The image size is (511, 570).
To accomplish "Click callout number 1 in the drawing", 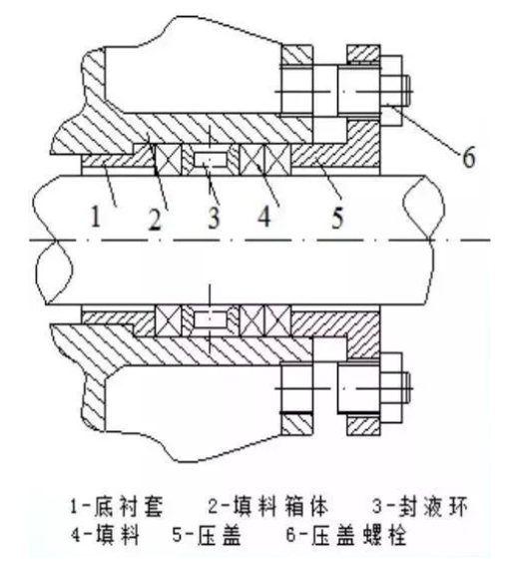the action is point(96,217).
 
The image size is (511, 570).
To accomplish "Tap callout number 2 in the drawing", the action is point(155,220).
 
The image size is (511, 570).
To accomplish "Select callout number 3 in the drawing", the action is point(214,218).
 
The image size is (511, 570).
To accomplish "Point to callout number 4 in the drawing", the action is point(264,218).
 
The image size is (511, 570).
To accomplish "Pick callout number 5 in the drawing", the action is point(337,218).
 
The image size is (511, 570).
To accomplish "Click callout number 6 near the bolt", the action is point(468,158).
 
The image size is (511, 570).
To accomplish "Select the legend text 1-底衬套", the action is point(117,506).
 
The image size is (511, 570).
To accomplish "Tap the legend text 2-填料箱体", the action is point(267,506).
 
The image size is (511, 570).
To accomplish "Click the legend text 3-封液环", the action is point(420,506).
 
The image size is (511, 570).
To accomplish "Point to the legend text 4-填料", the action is point(106,535).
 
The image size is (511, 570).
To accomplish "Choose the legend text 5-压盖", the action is point(207,535).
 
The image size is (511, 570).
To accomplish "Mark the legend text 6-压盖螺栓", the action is point(345,535).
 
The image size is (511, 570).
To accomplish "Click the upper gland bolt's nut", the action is point(391,91).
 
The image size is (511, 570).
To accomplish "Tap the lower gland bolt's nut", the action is point(391,388).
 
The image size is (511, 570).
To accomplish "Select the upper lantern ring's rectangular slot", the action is point(211,160).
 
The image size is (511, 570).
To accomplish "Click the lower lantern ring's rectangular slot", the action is point(211,319).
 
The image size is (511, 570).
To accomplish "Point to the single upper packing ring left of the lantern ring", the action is point(168,160).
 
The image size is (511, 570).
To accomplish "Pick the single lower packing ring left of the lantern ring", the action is point(168,320).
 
